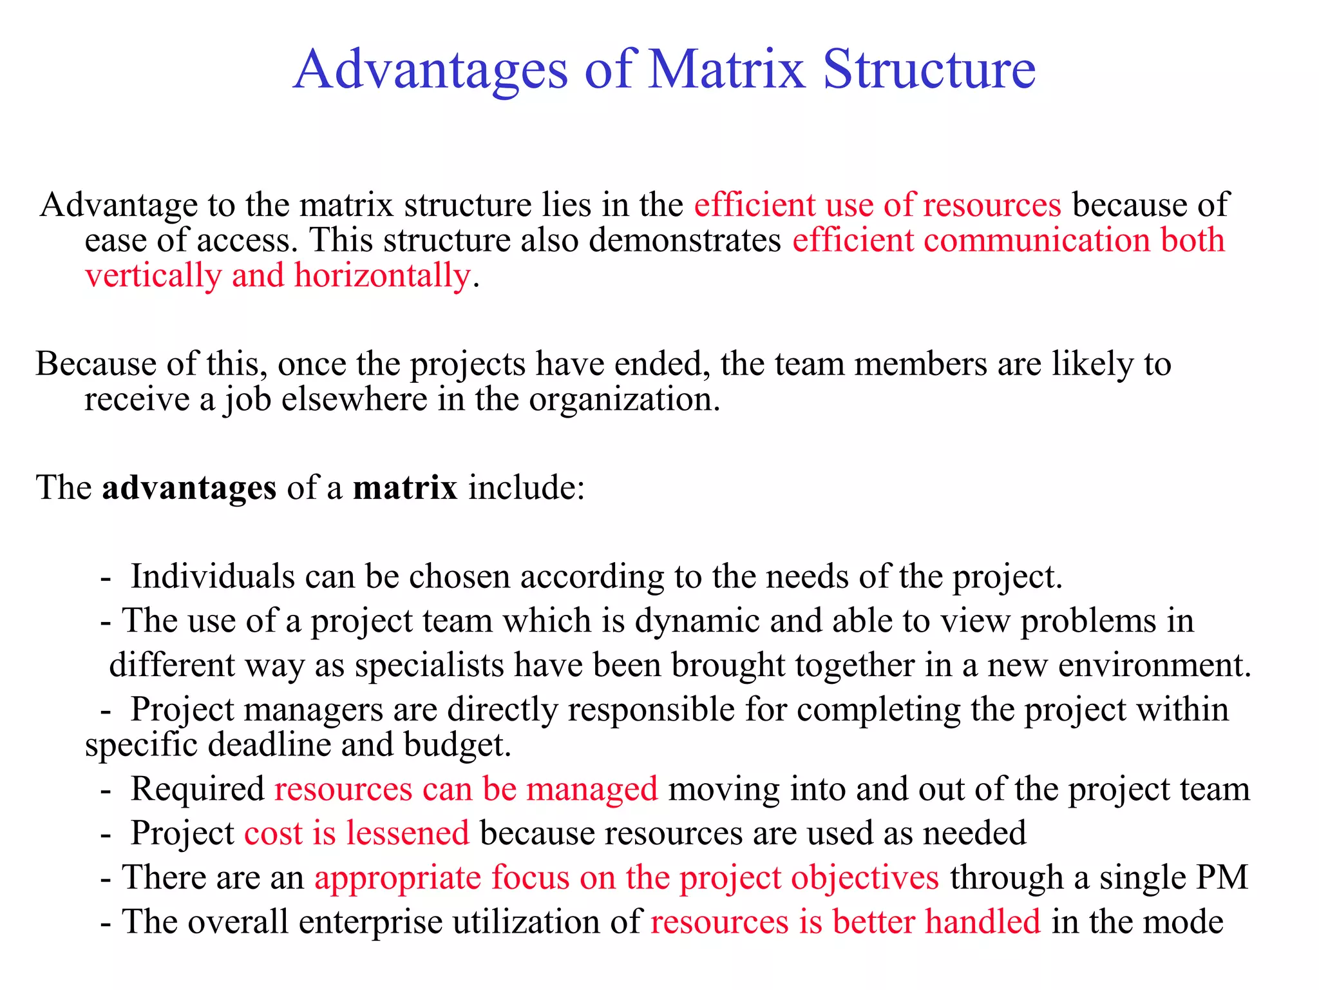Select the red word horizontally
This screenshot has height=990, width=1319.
pos(383,276)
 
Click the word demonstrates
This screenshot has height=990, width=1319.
pos(685,240)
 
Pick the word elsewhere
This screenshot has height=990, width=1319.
pos(354,399)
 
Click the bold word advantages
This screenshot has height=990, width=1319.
pos(189,487)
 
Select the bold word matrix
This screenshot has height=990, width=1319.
pos(405,487)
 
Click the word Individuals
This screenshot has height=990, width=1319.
pos(213,576)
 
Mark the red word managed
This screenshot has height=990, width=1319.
pos(592,789)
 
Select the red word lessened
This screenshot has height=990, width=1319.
pos(408,833)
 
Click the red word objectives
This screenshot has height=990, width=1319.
pos(865,878)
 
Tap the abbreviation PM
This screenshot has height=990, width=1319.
pos(1222,878)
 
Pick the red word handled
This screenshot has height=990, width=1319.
pos(983,922)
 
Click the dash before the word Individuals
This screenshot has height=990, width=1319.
pos(106,579)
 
